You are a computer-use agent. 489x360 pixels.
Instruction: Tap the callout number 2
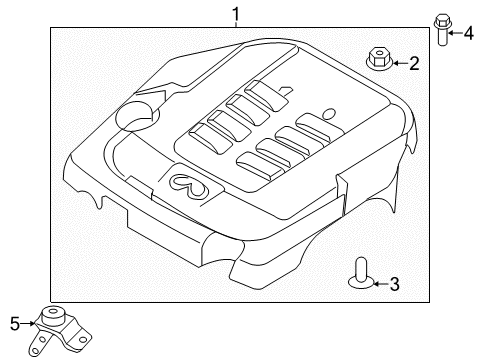pos(412,64)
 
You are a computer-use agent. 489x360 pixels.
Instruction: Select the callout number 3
pos(394,285)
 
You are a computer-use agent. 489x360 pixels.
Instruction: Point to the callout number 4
pos(468,32)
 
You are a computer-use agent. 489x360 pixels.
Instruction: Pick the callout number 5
pos(14,323)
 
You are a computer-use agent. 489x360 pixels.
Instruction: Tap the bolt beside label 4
pos(441,30)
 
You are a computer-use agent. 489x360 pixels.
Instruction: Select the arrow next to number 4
pos(455,33)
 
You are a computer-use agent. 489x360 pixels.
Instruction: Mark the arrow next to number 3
pos(379,285)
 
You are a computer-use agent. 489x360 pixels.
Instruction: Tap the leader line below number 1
pos(235,26)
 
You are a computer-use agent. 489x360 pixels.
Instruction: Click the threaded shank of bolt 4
pos(441,38)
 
